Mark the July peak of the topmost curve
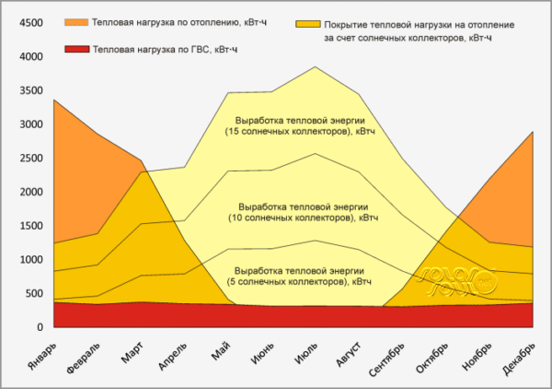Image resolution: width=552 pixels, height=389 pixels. tap(316, 66)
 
